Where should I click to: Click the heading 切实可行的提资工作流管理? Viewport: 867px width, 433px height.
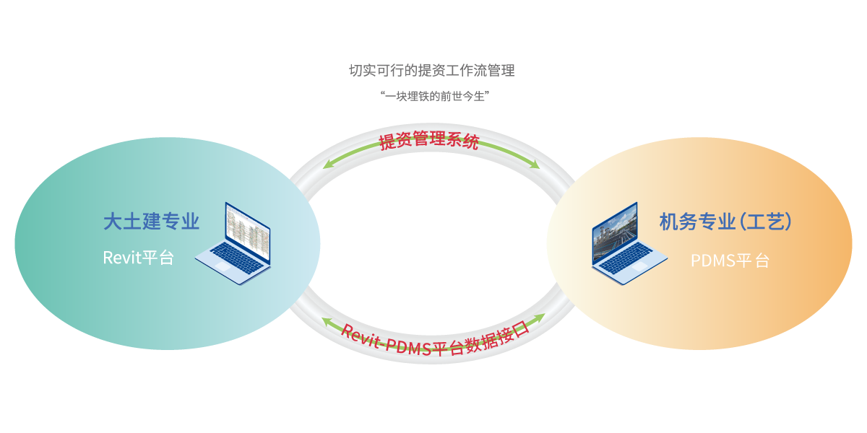point(431,71)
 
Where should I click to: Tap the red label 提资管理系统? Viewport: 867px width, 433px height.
point(429,139)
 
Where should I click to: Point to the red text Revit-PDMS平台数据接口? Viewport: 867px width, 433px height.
point(435,339)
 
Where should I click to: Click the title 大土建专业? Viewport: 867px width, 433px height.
point(150,222)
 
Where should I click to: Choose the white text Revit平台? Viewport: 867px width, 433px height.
point(138,258)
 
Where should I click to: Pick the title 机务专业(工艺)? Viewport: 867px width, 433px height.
point(726,222)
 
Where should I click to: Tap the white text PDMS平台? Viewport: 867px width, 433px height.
point(730,261)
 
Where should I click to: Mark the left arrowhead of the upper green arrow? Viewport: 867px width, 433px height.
point(327,165)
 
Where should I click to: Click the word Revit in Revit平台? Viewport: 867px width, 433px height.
point(121,258)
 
